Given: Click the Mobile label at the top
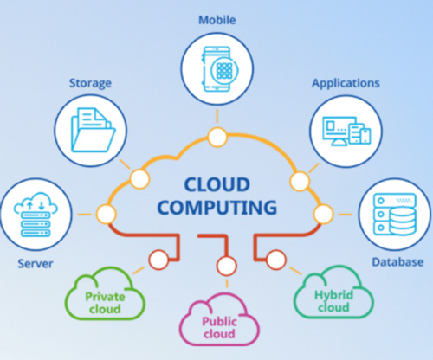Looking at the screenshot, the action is pos(217,20).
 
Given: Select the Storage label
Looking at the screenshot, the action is pos(90,83).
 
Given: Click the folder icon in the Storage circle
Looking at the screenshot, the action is pos(94,130).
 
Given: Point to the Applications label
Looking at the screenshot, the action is pos(346,83).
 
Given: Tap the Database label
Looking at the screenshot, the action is pos(397,262).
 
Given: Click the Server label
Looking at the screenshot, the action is pos(36,264).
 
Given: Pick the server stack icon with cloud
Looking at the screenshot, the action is pos(36,215).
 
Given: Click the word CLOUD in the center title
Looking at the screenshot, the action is pos(217,184).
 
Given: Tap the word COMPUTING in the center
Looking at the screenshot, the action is pos(217,208).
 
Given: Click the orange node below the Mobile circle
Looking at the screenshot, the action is pos(217,137).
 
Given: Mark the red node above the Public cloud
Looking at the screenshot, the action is pos(227,266).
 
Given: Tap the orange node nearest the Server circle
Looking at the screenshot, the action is pos(107,215).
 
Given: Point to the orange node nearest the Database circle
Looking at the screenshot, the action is pos(323,215).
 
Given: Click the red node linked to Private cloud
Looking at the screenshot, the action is pos(159,260).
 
